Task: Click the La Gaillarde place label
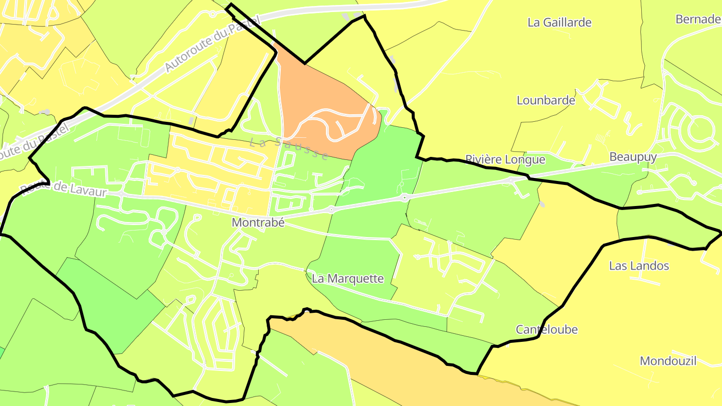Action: [560, 23]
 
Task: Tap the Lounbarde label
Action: [546, 100]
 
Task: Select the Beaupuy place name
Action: [633, 157]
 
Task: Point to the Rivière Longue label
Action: [505, 159]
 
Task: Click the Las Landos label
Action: [639, 266]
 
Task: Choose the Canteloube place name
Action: [547, 329]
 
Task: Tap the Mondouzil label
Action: [668, 361]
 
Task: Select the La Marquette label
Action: [347, 279]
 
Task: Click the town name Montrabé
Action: [258, 223]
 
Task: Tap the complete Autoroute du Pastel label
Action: [213, 43]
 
